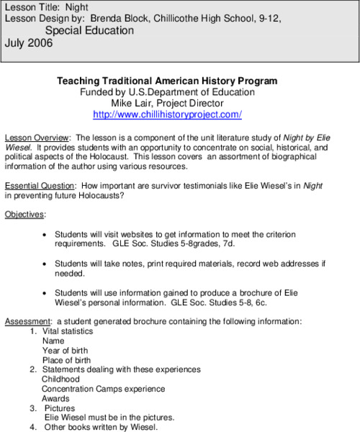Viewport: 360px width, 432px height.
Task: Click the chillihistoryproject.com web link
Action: coord(167,114)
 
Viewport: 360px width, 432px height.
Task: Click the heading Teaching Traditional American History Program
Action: coord(167,81)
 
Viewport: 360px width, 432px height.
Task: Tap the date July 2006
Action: coord(29,43)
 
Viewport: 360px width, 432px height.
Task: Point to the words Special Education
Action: coord(89,31)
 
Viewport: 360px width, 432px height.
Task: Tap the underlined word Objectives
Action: coord(24,215)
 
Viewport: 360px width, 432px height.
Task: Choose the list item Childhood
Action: coord(61,379)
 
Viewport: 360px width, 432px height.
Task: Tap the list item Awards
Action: coord(55,398)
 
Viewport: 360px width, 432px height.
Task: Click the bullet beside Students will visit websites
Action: coord(46,235)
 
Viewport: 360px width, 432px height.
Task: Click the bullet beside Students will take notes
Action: coord(46,264)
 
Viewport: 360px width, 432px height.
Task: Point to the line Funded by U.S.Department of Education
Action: coord(167,92)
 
